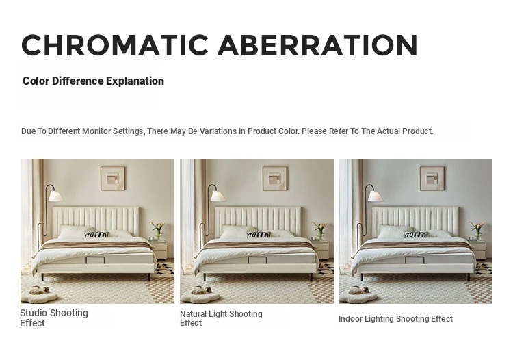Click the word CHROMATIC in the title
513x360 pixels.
pyautogui.click(x=115, y=45)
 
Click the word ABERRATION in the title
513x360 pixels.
pyautogui.click(x=317, y=45)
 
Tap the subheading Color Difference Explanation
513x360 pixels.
pyautogui.click(x=93, y=81)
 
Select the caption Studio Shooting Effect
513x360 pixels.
pyautogui.click(x=54, y=318)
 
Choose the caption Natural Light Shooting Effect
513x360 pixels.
pyautogui.click(x=221, y=318)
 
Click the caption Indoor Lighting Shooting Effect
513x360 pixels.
pyautogui.click(x=395, y=319)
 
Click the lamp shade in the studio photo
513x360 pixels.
pyautogui.click(x=55, y=196)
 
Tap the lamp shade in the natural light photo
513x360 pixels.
pyautogui.click(x=218, y=196)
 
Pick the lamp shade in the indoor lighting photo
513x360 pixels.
pyautogui.click(x=376, y=196)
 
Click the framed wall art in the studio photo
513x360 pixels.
pyautogui.click(x=113, y=179)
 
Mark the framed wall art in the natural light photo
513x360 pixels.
pyautogui.click(x=275, y=179)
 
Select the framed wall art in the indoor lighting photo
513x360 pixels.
pyautogui.click(x=432, y=179)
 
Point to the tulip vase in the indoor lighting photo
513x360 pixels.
pyautogui.click(x=477, y=231)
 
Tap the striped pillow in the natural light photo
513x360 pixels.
pyautogui.click(x=259, y=235)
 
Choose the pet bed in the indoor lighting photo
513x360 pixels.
pyautogui.click(x=358, y=294)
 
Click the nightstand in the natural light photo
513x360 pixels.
pyautogui.click(x=321, y=249)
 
